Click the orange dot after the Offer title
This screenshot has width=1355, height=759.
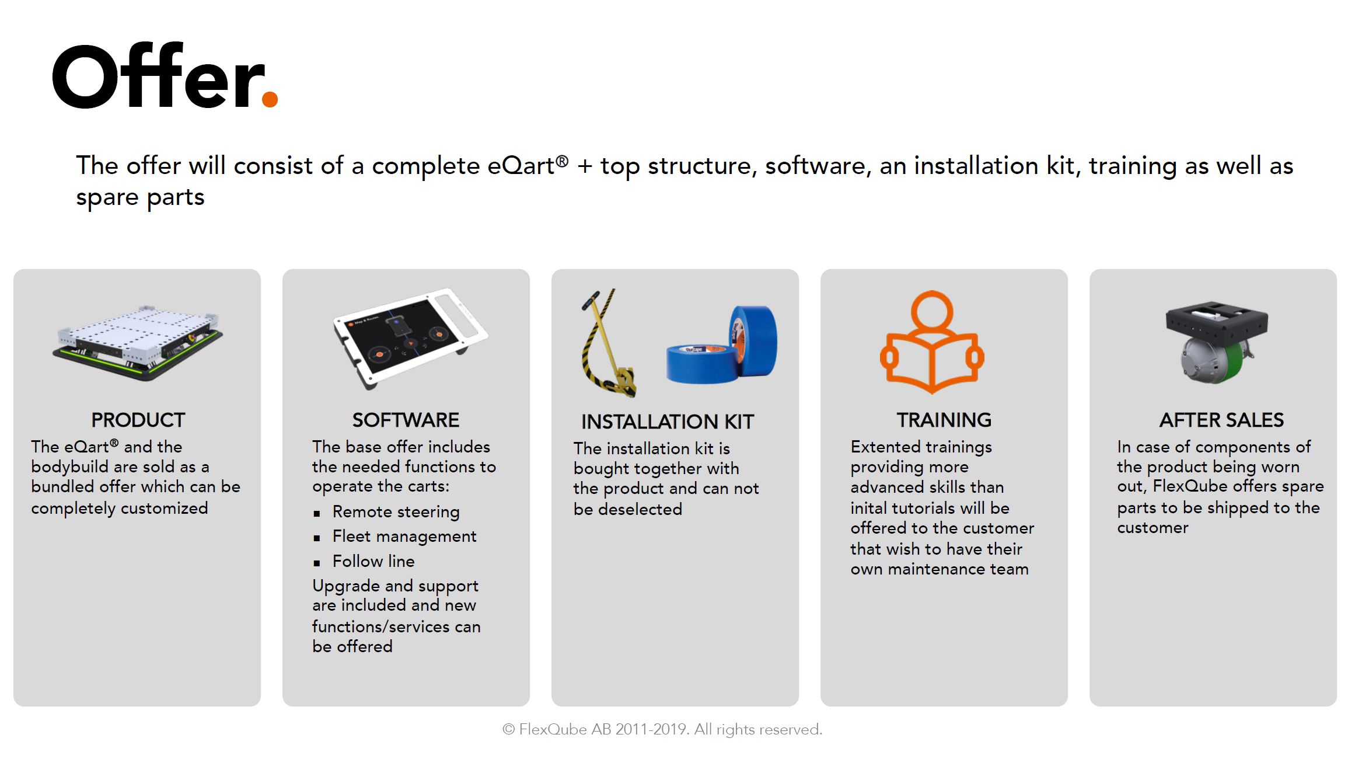[x=270, y=99]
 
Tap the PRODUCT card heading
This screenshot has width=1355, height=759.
[x=138, y=420]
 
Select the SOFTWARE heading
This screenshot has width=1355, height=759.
[x=406, y=420]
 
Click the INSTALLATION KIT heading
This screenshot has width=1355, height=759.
[x=668, y=422]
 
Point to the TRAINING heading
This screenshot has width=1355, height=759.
[x=944, y=420]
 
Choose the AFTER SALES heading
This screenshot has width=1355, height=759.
[x=1221, y=420]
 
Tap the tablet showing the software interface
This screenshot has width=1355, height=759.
[x=410, y=338]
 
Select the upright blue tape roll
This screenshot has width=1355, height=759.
[x=753, y=341]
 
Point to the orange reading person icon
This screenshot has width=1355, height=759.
[x=932, y=342]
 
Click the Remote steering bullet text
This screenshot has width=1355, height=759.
[x=396, y=512]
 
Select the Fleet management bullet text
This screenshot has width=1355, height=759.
[x=404, y=537]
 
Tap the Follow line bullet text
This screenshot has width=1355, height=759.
[x=373, y=561]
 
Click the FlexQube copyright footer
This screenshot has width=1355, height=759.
[x=662, y=729]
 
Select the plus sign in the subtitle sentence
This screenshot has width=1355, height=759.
[x=585, y=166]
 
